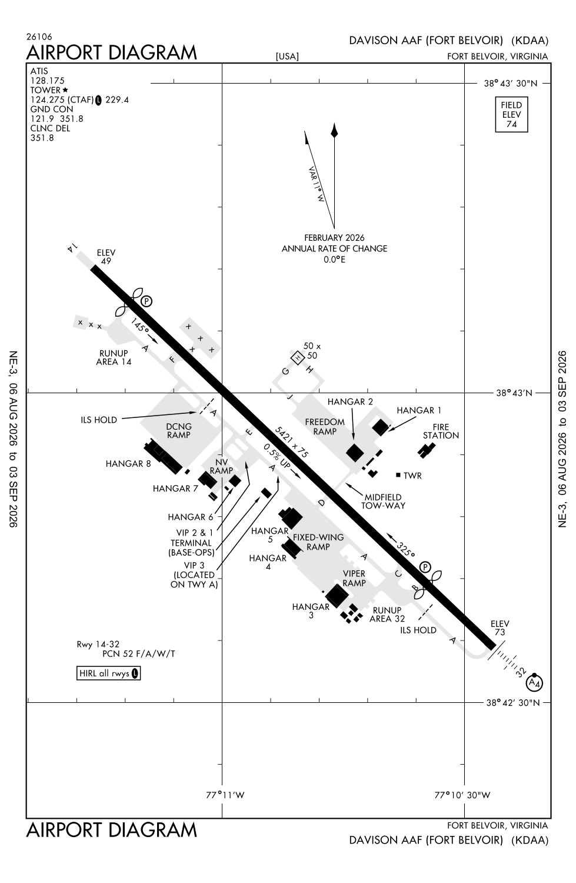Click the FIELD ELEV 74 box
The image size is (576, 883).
click(511, 115)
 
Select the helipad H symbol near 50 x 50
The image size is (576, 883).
click(298, 357)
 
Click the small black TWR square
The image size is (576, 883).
click(398, 475)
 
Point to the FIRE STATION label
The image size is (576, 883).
click(441, 431)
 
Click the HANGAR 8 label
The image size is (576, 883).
click(128, 464)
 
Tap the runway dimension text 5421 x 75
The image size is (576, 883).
click(291, 442)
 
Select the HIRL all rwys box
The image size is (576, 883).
click(108, 673)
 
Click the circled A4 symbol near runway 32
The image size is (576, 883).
click(534, 683)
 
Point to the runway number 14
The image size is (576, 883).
click(72, 248)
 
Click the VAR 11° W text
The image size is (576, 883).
click(316, 184)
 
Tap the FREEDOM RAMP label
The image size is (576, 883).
click(325, 427)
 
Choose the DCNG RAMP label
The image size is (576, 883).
click(179, 430)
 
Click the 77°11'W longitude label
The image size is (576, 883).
click(225, 795)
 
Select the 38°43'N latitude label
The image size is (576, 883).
click(514, 393)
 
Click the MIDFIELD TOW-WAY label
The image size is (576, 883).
click(383, 501)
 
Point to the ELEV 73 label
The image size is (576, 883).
click(500, 628)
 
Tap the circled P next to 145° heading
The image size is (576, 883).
click(147, 301)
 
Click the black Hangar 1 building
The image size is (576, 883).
click(381, 427)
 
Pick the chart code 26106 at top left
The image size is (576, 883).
click(39, 36)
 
